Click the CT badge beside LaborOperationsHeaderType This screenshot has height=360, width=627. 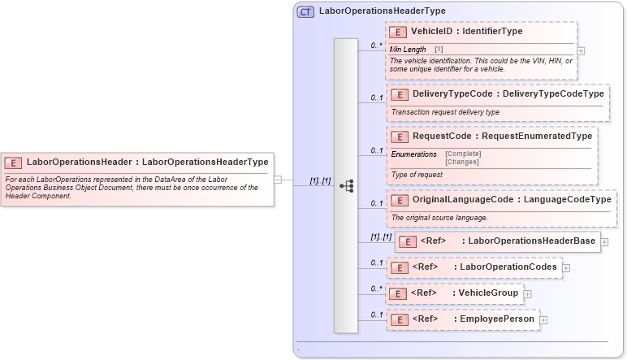306,11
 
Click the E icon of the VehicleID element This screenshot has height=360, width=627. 398,33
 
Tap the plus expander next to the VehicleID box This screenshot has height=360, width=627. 580,50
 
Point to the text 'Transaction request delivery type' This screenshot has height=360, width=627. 445,112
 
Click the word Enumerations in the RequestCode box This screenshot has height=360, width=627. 414,154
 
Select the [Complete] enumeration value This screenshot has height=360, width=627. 463,154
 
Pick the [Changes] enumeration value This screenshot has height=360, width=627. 461,162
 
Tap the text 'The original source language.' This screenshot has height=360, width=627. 439,218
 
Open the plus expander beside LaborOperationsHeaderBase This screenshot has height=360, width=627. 605,241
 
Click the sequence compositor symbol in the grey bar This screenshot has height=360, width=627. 346,185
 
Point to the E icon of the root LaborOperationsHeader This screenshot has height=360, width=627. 13,162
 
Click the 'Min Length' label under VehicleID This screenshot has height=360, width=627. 407,50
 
